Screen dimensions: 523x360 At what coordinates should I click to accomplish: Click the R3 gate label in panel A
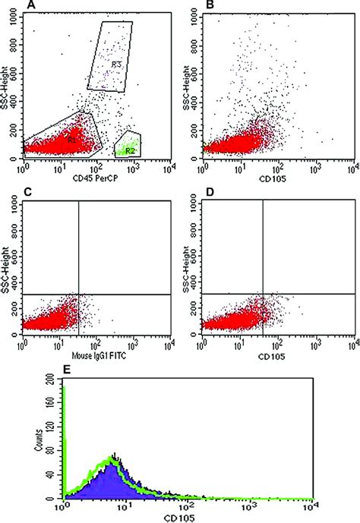[116, 65]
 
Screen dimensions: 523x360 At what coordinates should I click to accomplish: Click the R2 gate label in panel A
[130, 150]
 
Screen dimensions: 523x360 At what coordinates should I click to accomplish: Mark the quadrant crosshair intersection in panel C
[79, 294]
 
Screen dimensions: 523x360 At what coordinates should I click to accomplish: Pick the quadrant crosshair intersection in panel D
[263, 294]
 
